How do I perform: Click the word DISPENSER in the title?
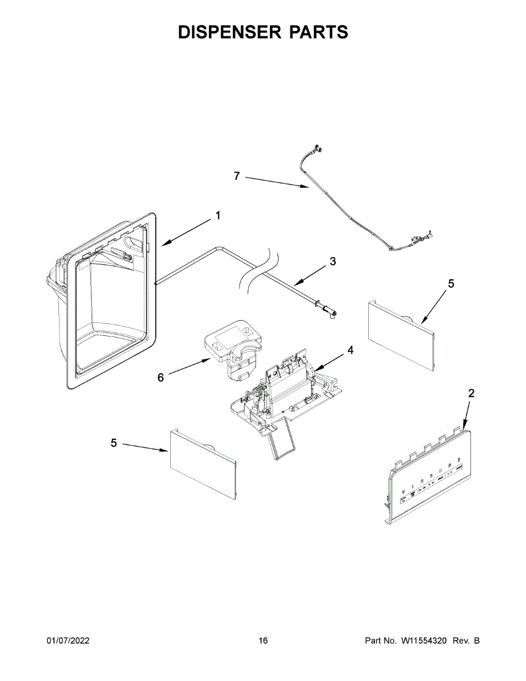point(230,32)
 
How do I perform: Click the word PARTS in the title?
point(319,32)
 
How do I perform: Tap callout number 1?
point(218,216)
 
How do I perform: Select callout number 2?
point(471,393)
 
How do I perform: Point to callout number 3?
point(333,262)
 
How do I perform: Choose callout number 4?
point(351,350)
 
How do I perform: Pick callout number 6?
point(161,377)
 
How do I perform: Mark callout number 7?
point(237,176)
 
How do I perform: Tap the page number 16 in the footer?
point(263,641)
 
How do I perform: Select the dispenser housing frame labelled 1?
point(108,301)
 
